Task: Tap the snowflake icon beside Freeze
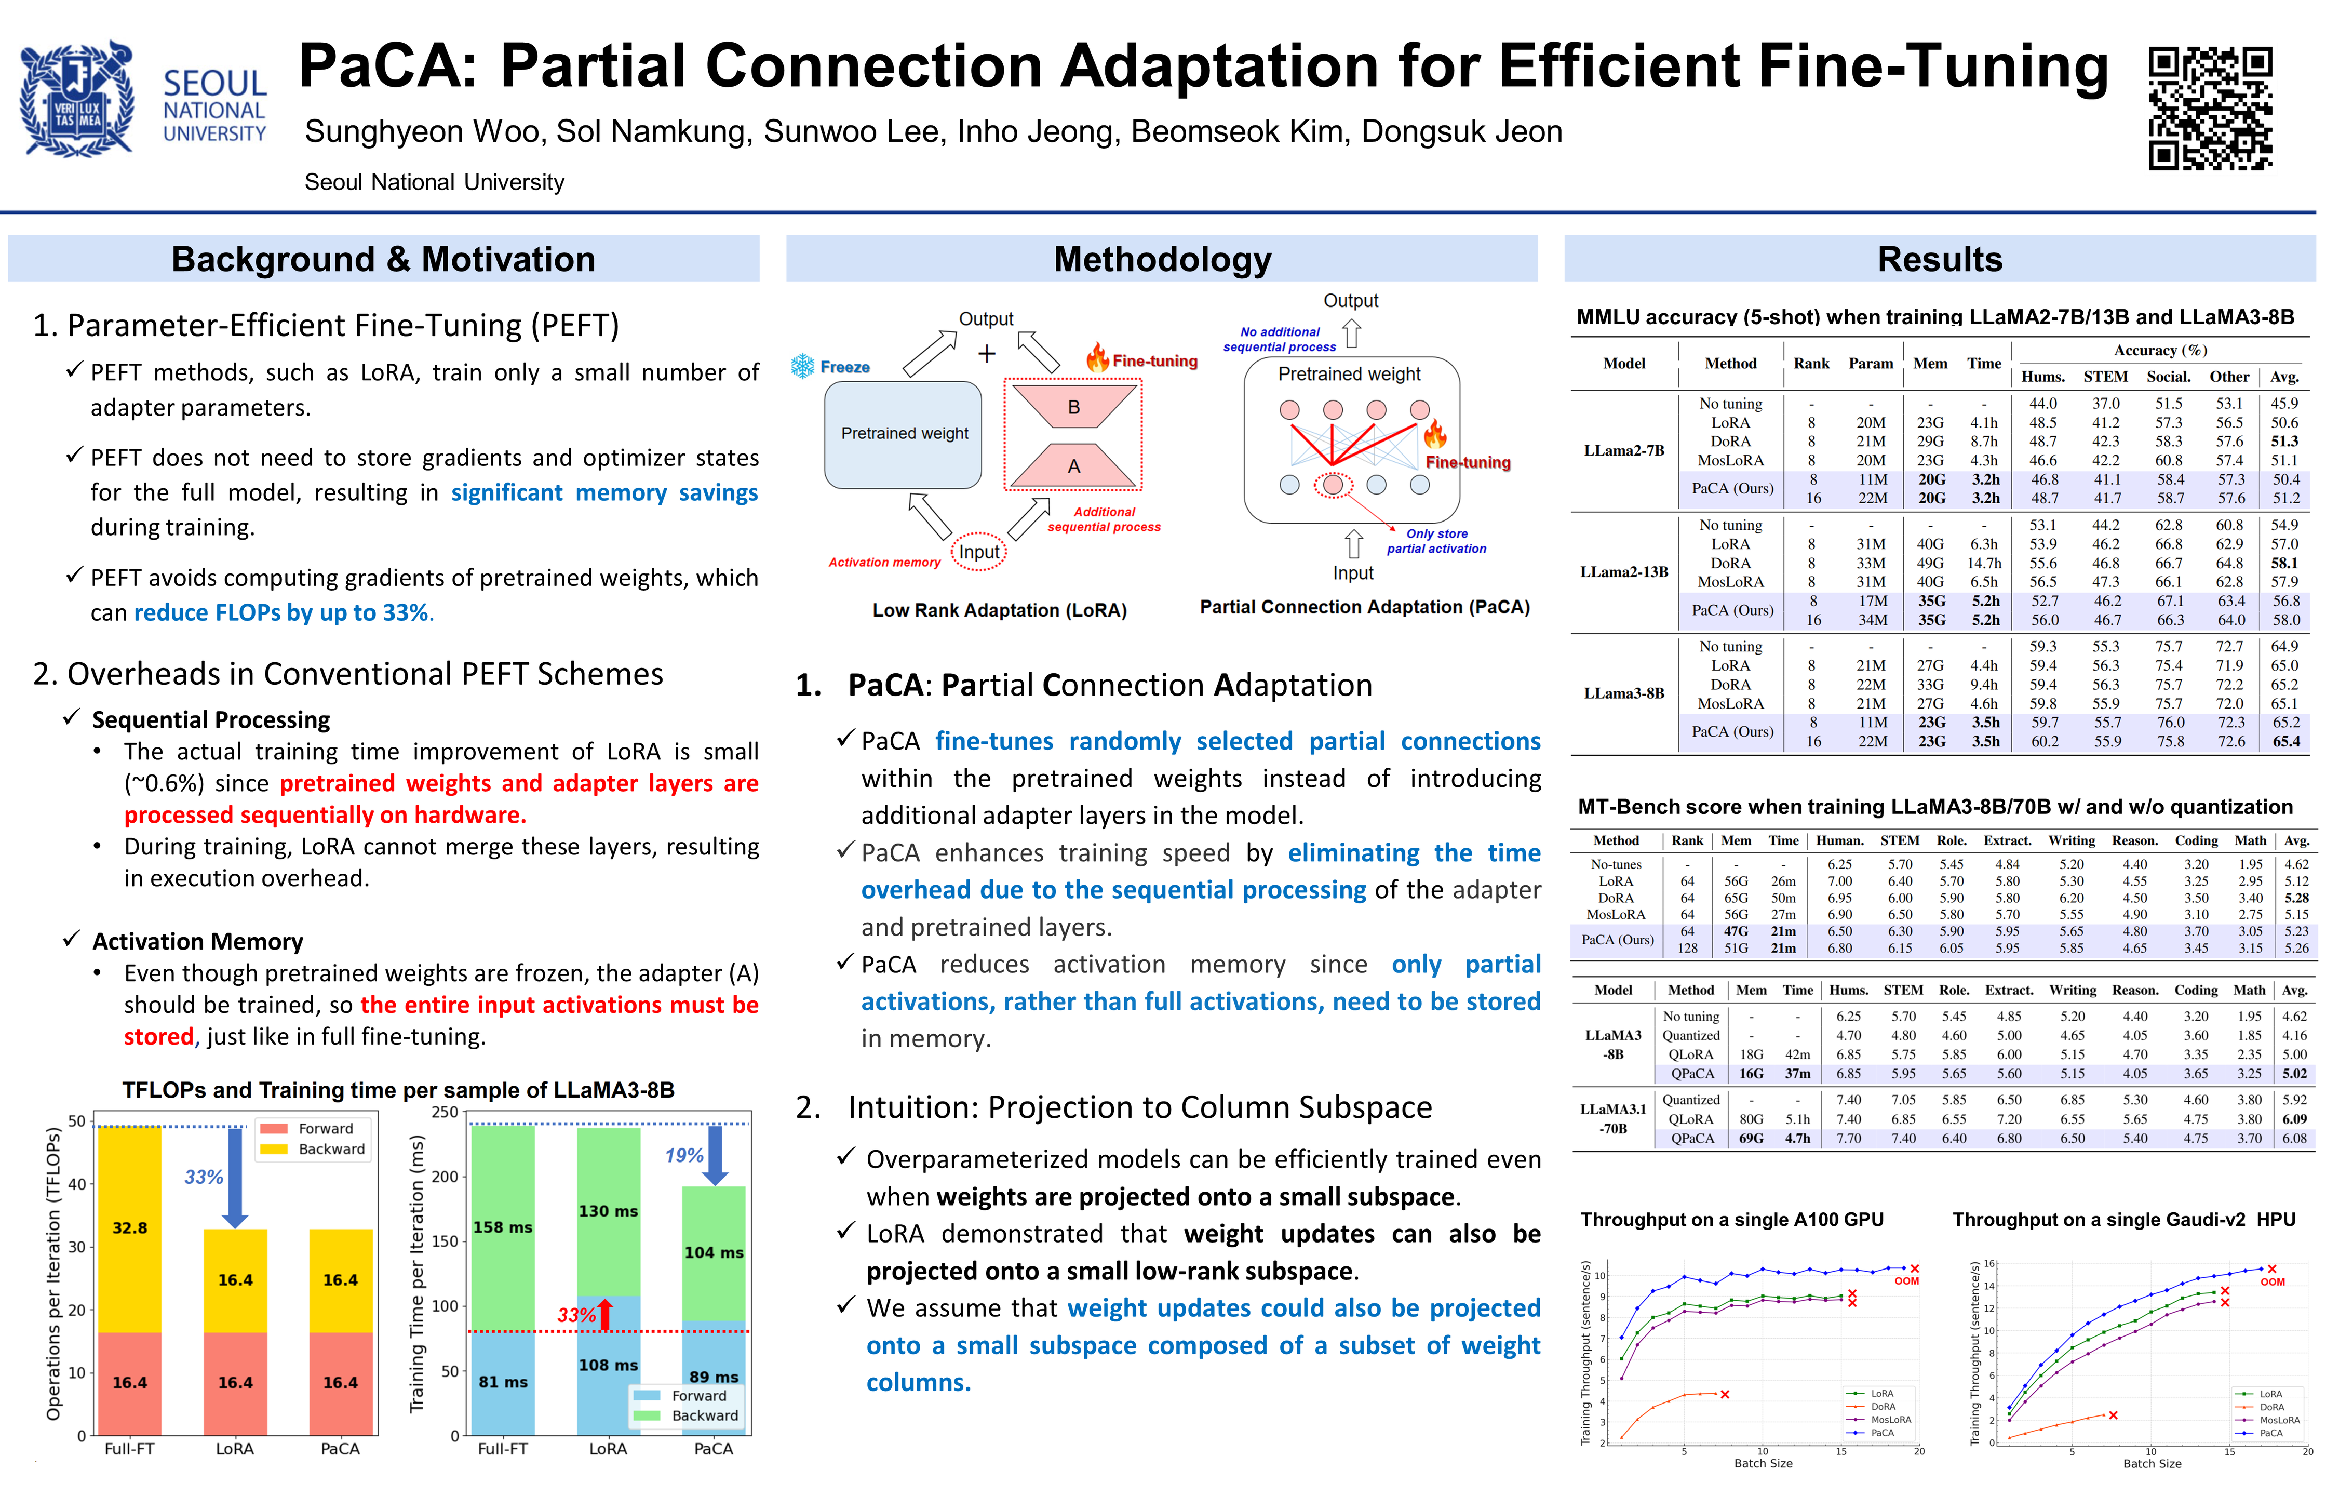(802, 366)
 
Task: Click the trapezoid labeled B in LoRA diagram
(1073, 406)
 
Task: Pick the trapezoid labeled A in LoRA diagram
(1073, 466)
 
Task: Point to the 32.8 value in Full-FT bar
(129, 1228)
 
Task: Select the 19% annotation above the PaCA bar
(684, 1155)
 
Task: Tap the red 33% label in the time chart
(576, 1315)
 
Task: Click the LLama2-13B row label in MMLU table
(1624, 572)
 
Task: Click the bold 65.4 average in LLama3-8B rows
(2285, 741)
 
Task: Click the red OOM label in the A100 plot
(1906, 1281)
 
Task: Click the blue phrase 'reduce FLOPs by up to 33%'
(281, 613)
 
